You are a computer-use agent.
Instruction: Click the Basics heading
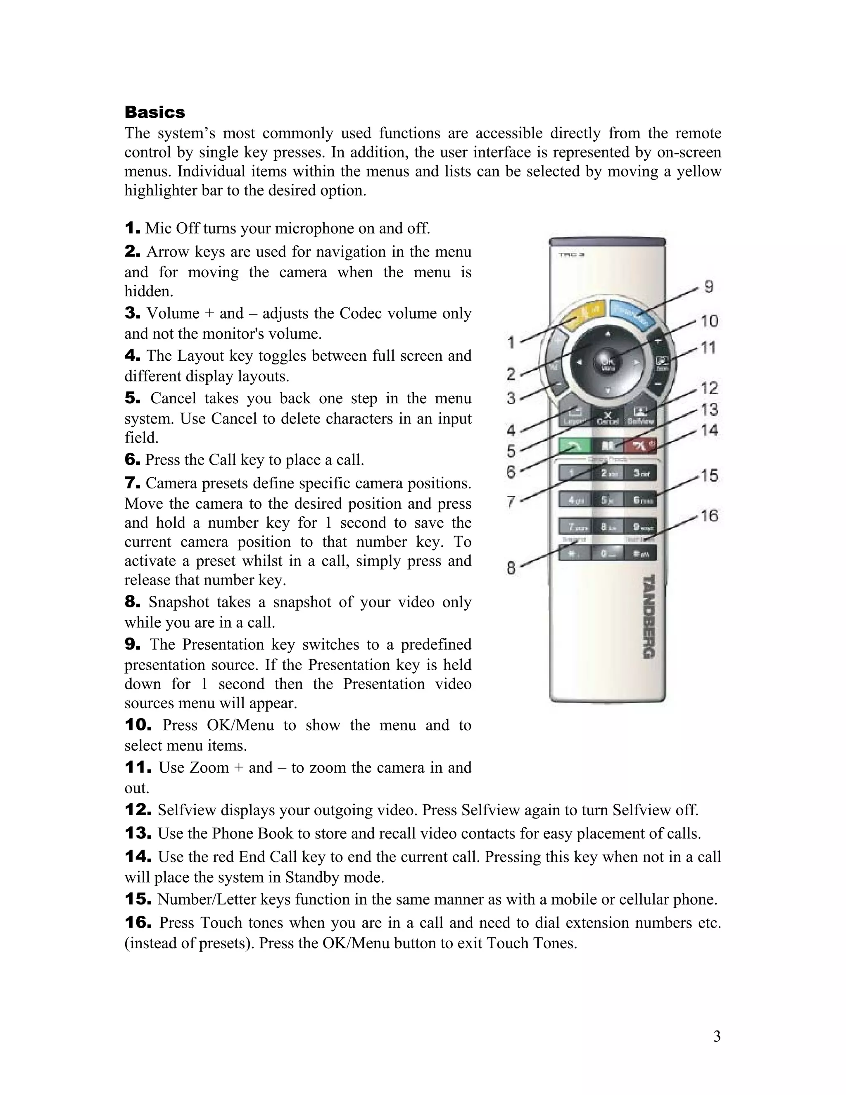point(154,112)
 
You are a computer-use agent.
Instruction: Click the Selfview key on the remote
point(640,416)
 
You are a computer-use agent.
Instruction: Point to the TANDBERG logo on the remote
point(649,617)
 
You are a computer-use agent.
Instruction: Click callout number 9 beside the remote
point(709,287)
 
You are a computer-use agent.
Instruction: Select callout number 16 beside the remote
point(709,515)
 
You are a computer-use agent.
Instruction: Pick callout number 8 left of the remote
point(511,568)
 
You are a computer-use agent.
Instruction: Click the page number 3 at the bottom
point(717,1036)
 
